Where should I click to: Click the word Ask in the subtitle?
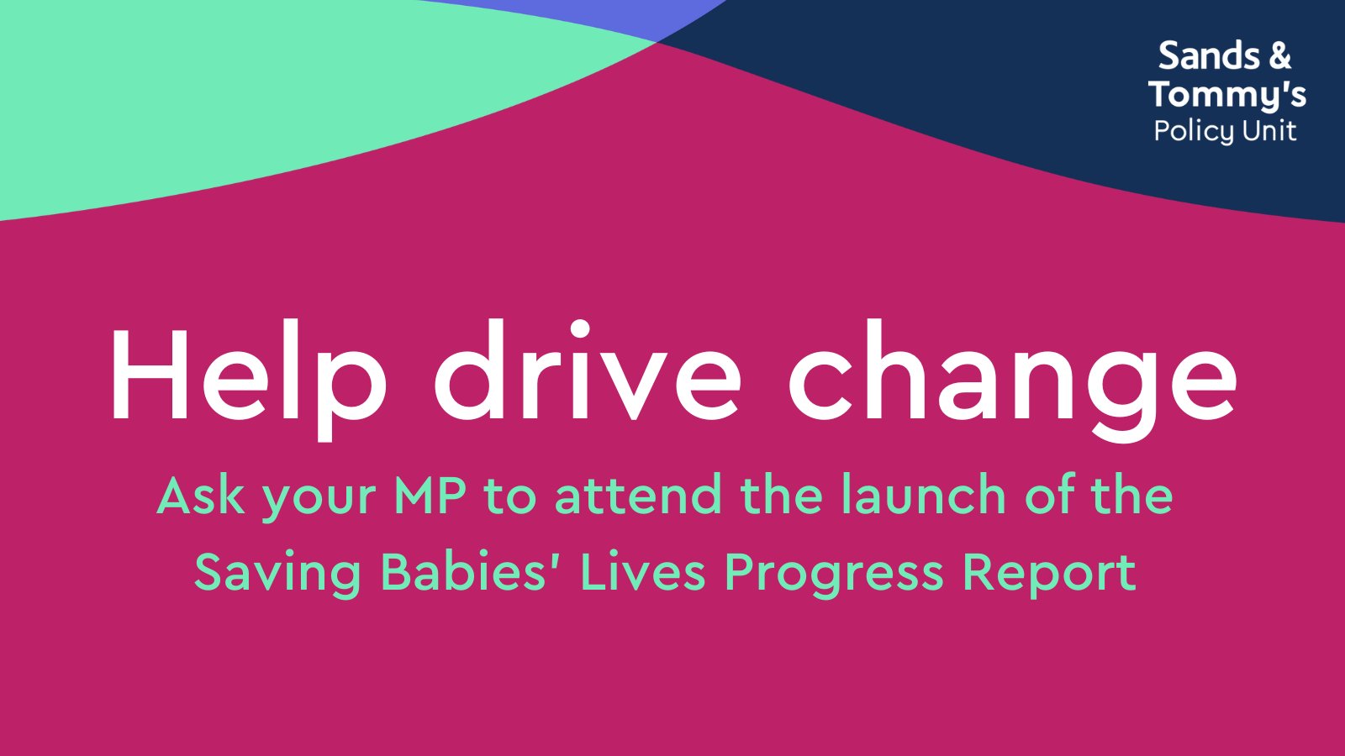[200, 496]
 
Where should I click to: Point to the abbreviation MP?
[430, 496]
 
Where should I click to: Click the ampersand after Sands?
[1279, 56]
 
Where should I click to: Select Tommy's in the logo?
[1227, 94]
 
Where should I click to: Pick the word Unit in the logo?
[1269, 130]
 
